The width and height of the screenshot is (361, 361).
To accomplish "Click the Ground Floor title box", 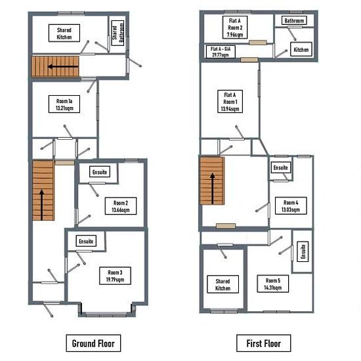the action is tap(93, 343).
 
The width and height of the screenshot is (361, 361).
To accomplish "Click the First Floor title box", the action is tap(264, 343).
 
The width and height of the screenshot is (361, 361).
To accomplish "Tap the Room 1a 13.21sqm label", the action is tap(64, 104).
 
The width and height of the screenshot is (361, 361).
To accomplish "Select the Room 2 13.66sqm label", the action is tap(121, 206).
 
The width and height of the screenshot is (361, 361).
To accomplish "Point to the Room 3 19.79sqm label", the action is tap(115, 276).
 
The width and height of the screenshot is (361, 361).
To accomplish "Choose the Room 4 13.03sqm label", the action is tap(291, 206).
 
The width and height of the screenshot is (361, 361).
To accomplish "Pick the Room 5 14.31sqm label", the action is tap(273, 284).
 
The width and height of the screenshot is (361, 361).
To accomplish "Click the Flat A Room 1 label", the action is tap(230, 101).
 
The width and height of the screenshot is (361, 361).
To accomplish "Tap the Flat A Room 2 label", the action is tap(235, 27).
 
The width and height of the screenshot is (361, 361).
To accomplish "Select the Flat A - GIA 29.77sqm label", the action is tap(221, 51).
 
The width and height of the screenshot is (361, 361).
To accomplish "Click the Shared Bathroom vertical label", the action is tap(117, 33).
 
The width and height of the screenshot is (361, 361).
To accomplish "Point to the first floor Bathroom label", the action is tap(294, 20).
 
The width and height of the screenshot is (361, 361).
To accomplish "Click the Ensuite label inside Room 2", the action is tap(100, 172).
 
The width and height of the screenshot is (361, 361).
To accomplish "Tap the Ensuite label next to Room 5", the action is tap(303, 251).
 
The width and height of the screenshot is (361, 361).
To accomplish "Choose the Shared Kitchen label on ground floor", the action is tap(64, 33).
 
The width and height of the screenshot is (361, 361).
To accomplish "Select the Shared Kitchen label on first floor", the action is tap(223, 284).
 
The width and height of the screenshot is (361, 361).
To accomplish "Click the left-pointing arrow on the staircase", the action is tap(62, 67).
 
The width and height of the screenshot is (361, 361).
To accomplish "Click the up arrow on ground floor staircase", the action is tap(41, 205).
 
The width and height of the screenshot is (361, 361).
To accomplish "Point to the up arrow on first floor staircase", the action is tap(212, 188).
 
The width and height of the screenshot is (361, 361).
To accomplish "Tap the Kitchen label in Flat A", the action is tap(301, 49).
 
